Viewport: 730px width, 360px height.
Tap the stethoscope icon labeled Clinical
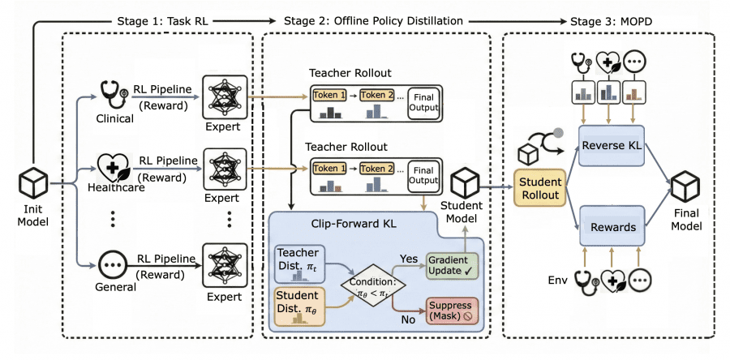tap(110, 95)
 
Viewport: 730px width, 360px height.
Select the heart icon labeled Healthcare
tap(111, 166)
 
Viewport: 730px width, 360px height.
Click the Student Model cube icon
tap(468, 182)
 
